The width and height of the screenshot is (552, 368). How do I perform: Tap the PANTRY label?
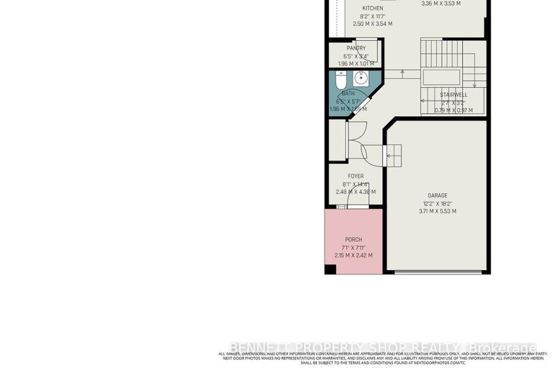pyautogui.click(x=356, y=48)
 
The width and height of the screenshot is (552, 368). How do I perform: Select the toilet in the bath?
pyautogui.click(x=338, y=79)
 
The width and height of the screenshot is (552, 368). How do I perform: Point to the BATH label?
pyautogui.click(x=348, y=94)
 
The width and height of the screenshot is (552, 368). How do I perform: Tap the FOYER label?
pyautogui.click(x=356, y=176)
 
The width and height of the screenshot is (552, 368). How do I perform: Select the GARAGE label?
pyautogui.click(x=438, y=195)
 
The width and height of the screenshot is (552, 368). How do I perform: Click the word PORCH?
pyautogui.click(x=353, y=239)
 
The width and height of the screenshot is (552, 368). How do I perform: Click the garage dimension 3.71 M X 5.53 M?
pyautogui.click(x=438, y=211)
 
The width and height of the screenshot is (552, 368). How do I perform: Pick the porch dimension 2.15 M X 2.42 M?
pyautogui.click(x=353, y=256)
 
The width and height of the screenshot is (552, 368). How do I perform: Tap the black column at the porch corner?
pyautogui.click(x=330, y=270)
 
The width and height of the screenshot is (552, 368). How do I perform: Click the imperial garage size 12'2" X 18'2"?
pyautogui.click(x=438, y=203)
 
